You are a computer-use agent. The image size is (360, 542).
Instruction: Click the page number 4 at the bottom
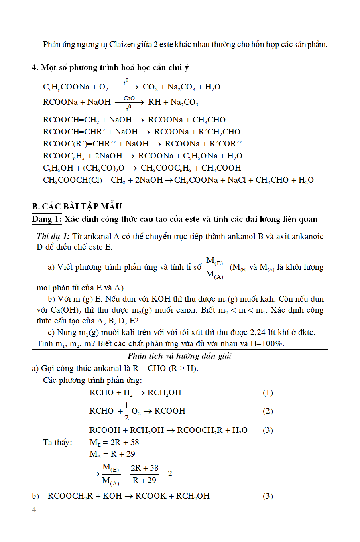coord(34,510)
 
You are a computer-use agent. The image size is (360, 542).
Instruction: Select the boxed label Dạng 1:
coord(47,219)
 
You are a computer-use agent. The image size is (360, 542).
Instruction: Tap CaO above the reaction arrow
coord(129,98)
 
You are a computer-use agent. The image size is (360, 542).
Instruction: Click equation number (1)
coord(268,392)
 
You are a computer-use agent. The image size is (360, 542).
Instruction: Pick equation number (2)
coord(268,411)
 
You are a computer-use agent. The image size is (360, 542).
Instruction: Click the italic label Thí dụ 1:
coord(53,236)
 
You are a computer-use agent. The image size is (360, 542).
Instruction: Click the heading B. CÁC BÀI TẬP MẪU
coord(77,207)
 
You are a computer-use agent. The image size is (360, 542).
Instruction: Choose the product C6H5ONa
coord(200,156)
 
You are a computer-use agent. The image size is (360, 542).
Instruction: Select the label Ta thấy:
coord(57,442)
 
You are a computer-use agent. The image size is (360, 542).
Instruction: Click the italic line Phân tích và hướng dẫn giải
coord(179,356)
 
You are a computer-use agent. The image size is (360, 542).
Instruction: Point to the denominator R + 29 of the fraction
coord(144,480)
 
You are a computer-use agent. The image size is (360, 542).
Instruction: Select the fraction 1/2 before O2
coord(126,411)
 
